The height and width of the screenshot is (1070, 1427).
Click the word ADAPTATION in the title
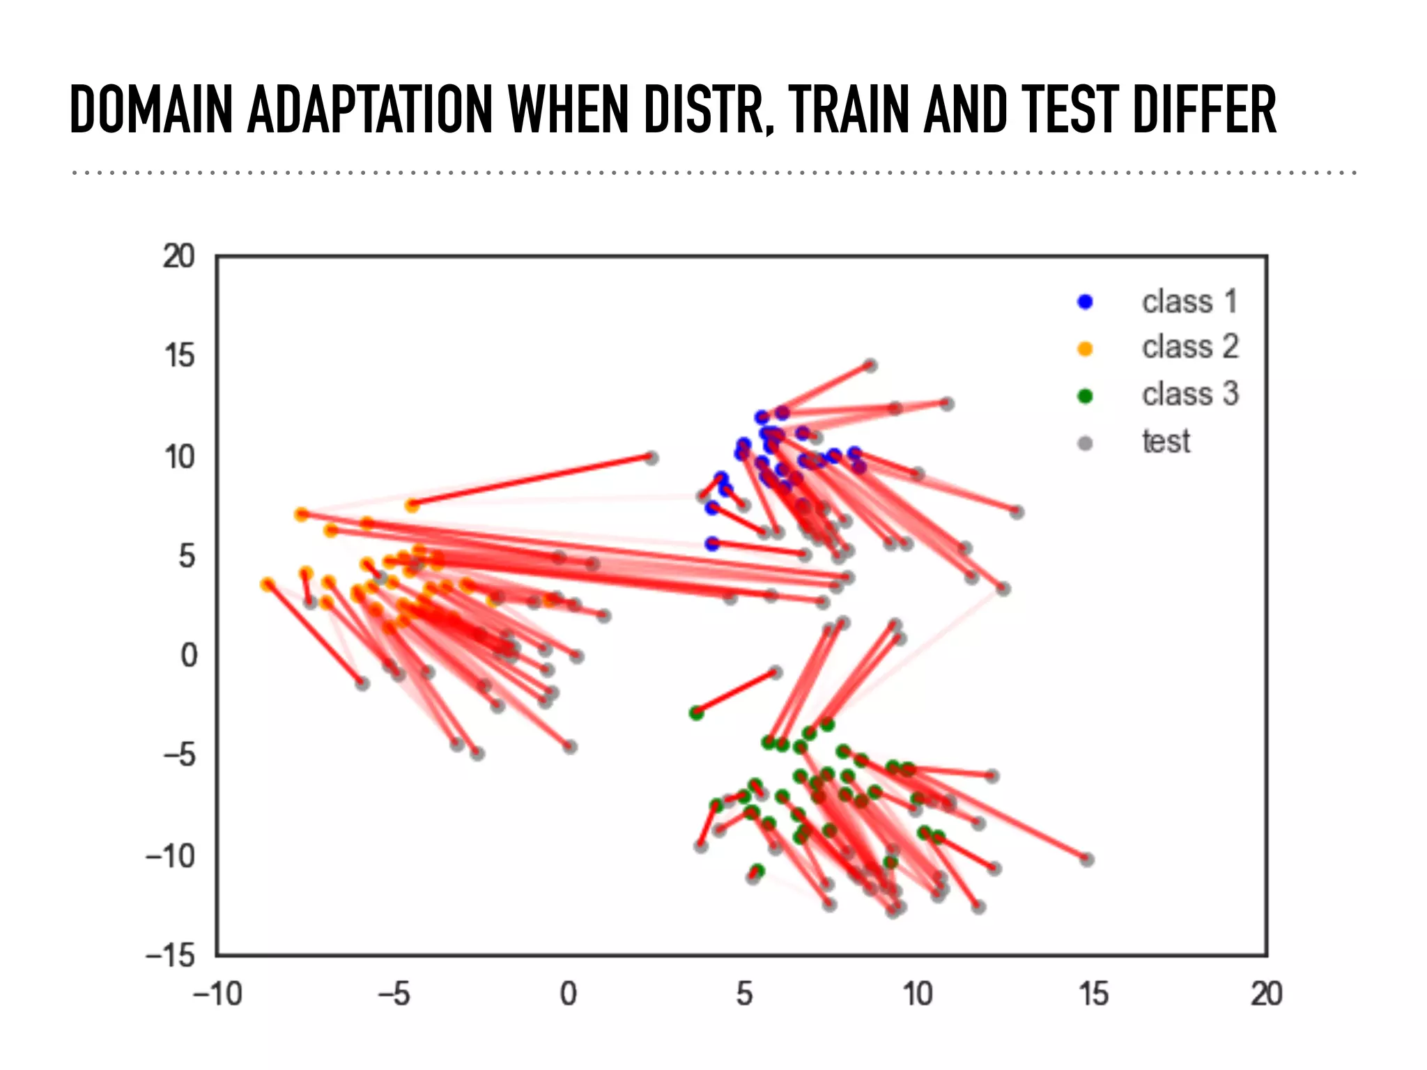pos(369,109)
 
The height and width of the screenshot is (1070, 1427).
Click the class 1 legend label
pos(1189,302)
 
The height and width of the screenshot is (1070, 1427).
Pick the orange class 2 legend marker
pos(1085,348)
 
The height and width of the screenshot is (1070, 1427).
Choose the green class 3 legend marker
pos(1085,396)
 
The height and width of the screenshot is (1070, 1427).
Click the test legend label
pos(1166,442)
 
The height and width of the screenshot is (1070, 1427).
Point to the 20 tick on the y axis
pos(178,256)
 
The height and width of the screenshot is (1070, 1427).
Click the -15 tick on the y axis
pos(169,955)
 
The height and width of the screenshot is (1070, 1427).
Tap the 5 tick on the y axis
pos(186,556)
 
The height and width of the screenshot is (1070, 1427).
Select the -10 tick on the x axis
pos(217,994)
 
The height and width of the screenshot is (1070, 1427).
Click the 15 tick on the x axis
pos(1093,994)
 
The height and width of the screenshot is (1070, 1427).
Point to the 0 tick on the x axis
pos(568,994)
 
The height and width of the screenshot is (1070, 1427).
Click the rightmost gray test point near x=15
pos(1087,860)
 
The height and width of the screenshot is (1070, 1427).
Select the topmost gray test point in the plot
pos(870,365)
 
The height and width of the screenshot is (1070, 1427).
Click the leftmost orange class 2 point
pos(267,584)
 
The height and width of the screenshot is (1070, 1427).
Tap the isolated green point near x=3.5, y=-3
pos(695,713)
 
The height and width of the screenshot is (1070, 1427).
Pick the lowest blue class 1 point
pos(711,543)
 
